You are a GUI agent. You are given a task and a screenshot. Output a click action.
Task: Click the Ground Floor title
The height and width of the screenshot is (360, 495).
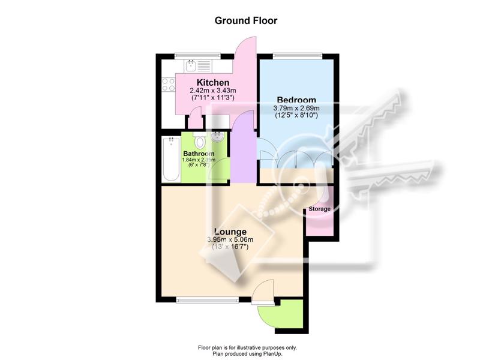[x=246, y=20]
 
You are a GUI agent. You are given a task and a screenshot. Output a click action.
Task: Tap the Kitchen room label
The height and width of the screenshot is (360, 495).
[x=213, y=83]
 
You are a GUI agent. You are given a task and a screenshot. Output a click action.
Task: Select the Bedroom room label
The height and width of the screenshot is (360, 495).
[x=296, y=100]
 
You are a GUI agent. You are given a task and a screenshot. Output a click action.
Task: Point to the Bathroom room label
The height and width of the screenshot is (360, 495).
[x=199, y=154]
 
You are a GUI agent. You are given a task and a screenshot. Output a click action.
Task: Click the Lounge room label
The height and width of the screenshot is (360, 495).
[x=230, y=232]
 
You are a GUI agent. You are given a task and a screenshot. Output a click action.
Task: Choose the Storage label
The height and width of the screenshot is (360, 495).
[x=319, y=209]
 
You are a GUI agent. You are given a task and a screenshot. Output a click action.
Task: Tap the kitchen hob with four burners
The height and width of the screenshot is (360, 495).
[x=168, y=85]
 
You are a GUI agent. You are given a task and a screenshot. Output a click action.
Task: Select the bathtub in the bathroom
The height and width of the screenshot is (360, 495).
[x=171, y=159]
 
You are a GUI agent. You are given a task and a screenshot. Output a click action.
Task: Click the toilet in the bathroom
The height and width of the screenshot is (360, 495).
[x=200, y=140]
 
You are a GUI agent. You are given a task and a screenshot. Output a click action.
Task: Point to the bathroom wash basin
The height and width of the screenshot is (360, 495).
[x=217, y=137]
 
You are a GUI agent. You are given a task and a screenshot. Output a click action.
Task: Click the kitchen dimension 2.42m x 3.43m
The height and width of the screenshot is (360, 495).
[x=213, y=91]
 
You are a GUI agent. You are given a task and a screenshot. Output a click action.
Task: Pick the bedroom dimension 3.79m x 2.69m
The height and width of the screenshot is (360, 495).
[x=296, y=109]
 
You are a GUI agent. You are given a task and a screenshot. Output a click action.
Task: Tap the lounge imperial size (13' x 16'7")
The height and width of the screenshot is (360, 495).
[x=230, y=247]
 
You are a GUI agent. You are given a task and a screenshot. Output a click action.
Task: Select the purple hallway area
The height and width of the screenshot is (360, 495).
[x=243, y=148]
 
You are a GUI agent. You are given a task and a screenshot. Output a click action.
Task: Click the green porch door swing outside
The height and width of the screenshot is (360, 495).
[x=281, y=314]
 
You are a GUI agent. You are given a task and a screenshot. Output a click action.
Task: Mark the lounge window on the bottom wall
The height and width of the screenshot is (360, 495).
[x=208, y=301]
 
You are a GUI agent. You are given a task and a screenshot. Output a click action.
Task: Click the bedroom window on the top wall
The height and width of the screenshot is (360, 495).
[x=298, y=56]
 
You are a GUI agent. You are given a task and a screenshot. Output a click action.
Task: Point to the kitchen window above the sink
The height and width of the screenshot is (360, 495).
[x=197, y=56]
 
